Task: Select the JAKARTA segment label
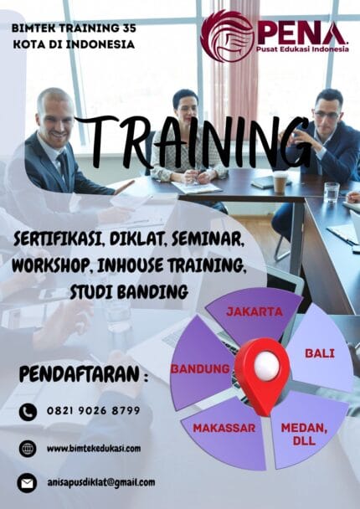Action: [255, 312]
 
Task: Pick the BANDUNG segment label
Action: [200, 368]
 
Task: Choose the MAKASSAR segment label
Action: [224, 428]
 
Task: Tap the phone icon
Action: [28, 411]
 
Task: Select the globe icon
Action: [28, 448]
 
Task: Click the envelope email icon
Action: [28, 482]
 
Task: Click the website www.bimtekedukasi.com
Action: [94, 448]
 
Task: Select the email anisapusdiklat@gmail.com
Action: [100, 482]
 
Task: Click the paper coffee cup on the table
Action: [279, 182]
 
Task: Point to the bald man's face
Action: [56, 117]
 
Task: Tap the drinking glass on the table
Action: [332, 191]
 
